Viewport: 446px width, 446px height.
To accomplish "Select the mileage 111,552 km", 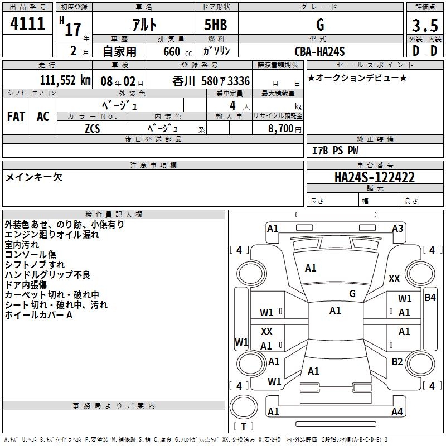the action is tap(65, 80).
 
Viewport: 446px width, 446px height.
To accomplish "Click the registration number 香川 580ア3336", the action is tap(211, 81).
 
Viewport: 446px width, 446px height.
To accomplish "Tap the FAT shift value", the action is tap(16, 116).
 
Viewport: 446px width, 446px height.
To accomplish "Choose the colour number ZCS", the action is tap(93, 129).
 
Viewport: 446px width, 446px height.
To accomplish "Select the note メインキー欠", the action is tap(34, 177).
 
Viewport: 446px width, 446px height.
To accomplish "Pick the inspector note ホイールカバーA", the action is tap(39, 315).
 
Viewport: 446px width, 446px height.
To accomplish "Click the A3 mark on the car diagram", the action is tap(397, 228).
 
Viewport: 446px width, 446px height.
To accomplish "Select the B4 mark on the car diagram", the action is tap(430, 297).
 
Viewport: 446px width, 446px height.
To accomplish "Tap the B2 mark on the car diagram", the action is tap(397, 362).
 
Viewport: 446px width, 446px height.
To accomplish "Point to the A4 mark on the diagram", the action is tap(397, 412).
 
